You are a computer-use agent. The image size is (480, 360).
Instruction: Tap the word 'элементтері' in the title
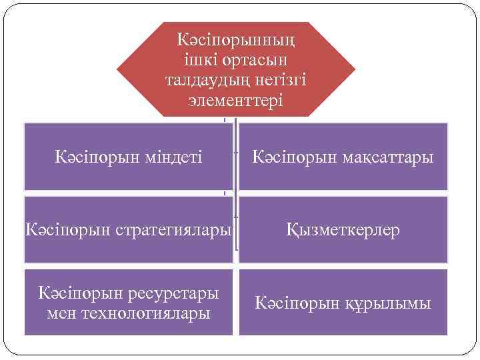click(x=235, y=101)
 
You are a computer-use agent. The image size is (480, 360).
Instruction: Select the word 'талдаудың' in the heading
click(x=199, y=81)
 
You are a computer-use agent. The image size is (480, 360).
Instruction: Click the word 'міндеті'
click(x=167, y=158)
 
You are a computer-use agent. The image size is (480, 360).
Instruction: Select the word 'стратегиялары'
click(x=177, y=231)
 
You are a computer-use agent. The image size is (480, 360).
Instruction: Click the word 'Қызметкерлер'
click(x=343, y=231)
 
